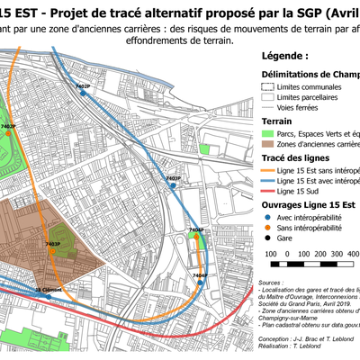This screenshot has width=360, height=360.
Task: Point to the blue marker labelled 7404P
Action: click(200, 282)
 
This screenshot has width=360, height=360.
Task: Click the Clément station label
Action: click(49, 290)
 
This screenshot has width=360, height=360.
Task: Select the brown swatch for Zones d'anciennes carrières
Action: click(267, 144)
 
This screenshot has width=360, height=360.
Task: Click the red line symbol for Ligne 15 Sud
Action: click(267, 192)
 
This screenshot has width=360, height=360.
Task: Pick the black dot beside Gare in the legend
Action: click(267, 240)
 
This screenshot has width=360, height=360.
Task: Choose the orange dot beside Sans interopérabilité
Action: click(267, 229)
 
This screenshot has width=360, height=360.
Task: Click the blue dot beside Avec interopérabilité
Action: click(267, 217)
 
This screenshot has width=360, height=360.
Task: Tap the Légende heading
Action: click(283, 56)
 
